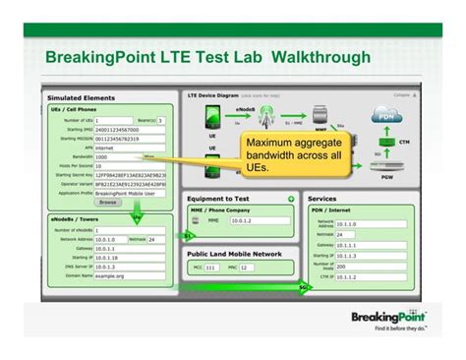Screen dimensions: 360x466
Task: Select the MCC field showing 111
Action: click(x=210, y=267)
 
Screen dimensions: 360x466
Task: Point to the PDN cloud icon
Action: click(x=386, y=115)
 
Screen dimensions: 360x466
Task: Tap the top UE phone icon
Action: click(x=212, y=117)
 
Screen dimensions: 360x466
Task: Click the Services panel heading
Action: click(x=323, y=199)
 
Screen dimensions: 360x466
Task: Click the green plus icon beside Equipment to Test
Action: click(x=290, y=199)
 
